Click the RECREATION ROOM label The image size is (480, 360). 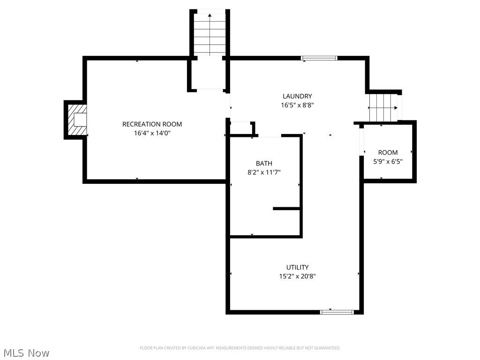coord(152,124)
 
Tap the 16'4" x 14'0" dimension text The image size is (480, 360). coord(152,133)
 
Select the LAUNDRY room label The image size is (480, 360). coord(297,97)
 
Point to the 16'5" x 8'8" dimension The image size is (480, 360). coord(297,105)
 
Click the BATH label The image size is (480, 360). coord(264,164)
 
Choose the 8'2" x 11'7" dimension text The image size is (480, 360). coord(264,172)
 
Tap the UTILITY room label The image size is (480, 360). coord(297,268)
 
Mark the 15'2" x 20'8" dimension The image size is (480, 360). coord(297,277)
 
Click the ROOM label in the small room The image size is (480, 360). coord(388,152)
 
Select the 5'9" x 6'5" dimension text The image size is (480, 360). coord(388,161)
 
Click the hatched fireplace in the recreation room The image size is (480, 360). coord(76,120)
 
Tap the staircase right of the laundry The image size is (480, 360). coord(383,107)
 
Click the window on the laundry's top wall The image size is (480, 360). coord(319,58)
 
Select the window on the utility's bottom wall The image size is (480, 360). coord(337,312)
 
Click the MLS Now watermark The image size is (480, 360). coord(25,352)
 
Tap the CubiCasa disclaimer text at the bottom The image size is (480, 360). coord(240,348)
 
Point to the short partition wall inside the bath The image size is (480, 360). coord(287,208)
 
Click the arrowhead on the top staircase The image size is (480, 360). coord(210,15)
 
